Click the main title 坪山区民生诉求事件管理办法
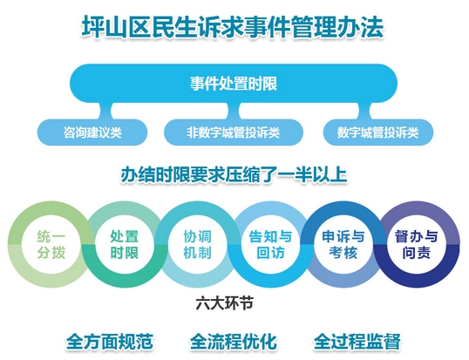pos(233,28)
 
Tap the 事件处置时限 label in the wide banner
pos(234,84)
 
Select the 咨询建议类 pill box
pos(92,132)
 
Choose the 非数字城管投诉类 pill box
pos(234,132)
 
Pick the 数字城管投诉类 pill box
pos(378,132)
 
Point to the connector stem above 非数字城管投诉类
pos(234,111)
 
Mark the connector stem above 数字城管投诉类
pos(364,111)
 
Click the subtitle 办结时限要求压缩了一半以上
pos(234,175)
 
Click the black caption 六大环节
pos(225,303)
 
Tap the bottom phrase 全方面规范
pos(109,342)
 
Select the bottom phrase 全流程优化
pos(234,342)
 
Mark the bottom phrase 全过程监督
pos(357,342)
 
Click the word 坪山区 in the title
pos(116,28)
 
